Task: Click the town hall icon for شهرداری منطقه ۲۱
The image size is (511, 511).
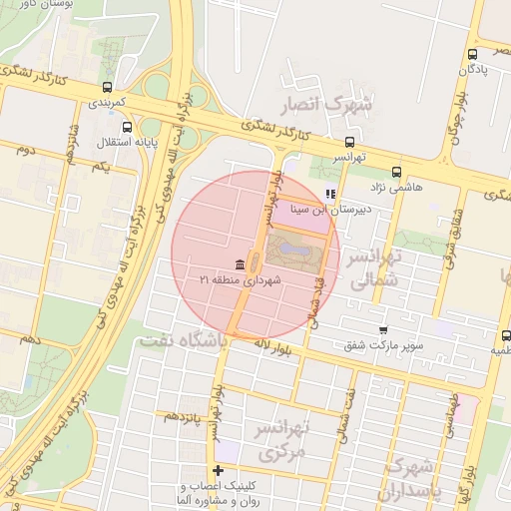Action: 240,264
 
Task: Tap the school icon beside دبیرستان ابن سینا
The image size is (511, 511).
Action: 330,195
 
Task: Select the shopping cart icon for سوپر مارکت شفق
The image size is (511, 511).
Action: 383,329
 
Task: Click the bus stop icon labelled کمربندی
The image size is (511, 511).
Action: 107,87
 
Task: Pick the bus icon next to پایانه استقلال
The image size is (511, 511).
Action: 126,127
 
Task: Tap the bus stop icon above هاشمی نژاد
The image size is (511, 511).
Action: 397,172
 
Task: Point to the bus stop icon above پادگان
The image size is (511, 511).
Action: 472,55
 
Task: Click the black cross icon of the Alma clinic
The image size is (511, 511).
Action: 218,470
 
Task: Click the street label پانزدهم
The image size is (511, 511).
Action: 184,415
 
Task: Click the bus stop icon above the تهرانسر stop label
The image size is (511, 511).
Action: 348,143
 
